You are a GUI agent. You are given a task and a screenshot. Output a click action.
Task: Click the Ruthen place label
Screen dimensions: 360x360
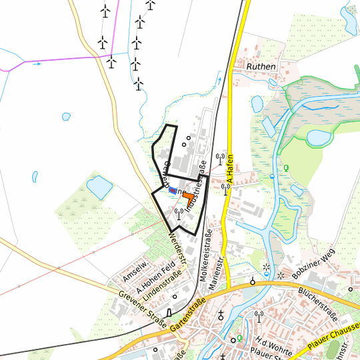coord(261,67)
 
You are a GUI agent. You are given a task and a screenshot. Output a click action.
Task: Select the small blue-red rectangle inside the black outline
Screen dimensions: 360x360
coord(173,190)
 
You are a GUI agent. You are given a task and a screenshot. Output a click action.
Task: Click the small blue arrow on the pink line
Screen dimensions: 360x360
coord(36,64)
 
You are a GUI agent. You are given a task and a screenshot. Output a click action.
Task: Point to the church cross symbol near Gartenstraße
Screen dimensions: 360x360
coord(222,314)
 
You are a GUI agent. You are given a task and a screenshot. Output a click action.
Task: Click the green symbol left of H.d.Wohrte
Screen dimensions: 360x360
coord(240,339)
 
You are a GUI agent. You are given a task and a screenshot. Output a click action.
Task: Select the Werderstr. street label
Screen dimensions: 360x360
coord(174,236)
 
